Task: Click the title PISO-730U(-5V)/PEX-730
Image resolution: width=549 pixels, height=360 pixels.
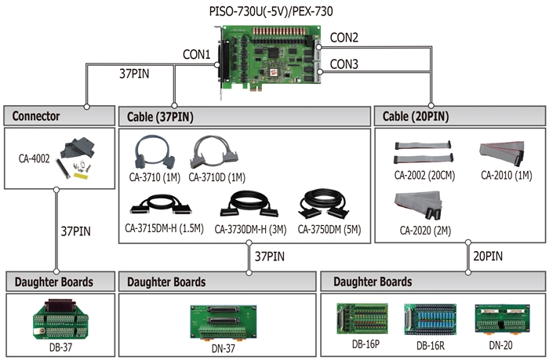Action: [271, 11]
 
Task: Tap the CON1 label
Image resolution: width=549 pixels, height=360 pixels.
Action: [197, 54]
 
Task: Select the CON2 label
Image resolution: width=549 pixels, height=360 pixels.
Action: [344, 38]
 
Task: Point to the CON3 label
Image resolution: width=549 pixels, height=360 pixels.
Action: [344, 64]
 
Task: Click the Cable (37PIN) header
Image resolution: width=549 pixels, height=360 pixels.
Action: [160, 117]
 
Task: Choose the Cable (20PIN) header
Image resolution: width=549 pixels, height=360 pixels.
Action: [415, 116]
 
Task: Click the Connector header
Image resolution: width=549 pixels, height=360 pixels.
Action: [36, 116]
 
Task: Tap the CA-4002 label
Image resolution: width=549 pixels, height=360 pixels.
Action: [34, 158]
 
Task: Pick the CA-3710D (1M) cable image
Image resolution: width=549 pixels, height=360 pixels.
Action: [214, 152]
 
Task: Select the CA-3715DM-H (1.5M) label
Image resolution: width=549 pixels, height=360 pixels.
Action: [164, 228]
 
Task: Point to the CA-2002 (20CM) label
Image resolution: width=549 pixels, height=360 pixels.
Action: [424, 175]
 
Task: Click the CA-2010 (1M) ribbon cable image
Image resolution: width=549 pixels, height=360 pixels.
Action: [502, 154]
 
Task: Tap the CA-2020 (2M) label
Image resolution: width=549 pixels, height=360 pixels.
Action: [425, 231]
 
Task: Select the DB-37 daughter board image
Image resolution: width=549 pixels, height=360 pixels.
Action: [60, 319]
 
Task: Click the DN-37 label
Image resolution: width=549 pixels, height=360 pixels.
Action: [224, 348]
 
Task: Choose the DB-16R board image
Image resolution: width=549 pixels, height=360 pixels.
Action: [431, 319]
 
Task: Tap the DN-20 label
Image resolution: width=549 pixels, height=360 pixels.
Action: [500, 345]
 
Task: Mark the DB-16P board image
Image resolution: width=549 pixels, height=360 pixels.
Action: [362, 318]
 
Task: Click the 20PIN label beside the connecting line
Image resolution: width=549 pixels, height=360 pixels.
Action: [488, 256]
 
